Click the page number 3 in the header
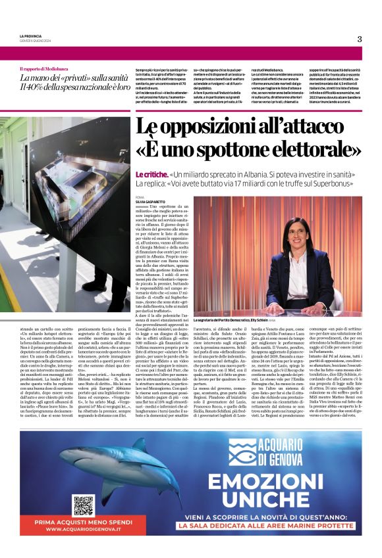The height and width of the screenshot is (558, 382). pyautogui.click(x=360, y=39)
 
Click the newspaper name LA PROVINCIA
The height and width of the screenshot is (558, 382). pyautogui.click(x=32, y=35)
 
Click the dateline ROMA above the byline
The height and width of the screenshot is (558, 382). pyautogui.click(x=139, y=197)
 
